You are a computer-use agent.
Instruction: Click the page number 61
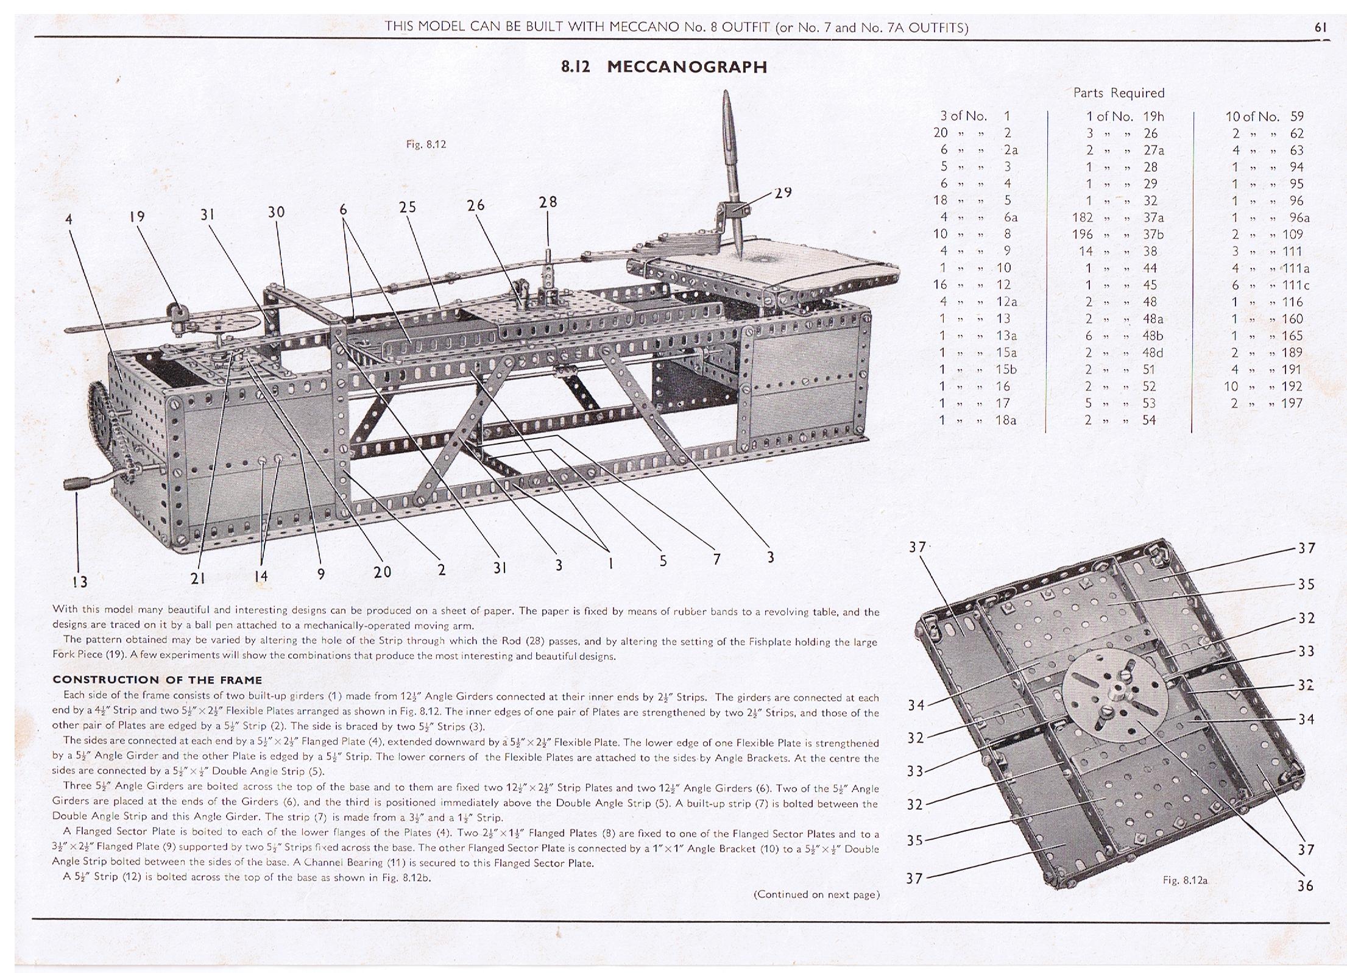[x=1320, y=27]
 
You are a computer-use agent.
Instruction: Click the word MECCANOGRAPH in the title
[x=687, y=67]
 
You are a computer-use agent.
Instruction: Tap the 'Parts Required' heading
[x=1119, y=93]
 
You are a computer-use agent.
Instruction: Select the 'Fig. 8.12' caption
[x=426, y=144]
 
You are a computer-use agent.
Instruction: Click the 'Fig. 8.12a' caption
[x=1184, y=880]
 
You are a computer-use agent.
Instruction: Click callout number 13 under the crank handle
[x=80, y=581]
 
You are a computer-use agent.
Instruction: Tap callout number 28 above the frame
[x=548, y=202]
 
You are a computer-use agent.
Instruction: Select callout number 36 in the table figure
[x=1305, y=885]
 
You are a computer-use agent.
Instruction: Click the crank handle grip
[x=79, y=484]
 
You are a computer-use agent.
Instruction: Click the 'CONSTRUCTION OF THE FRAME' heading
[x=157, y=680]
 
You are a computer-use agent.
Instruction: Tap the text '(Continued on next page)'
[x=816, y=894]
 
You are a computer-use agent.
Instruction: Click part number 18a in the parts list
[x=1005, y=420]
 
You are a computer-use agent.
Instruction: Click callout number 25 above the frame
[x=408, y=207]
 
